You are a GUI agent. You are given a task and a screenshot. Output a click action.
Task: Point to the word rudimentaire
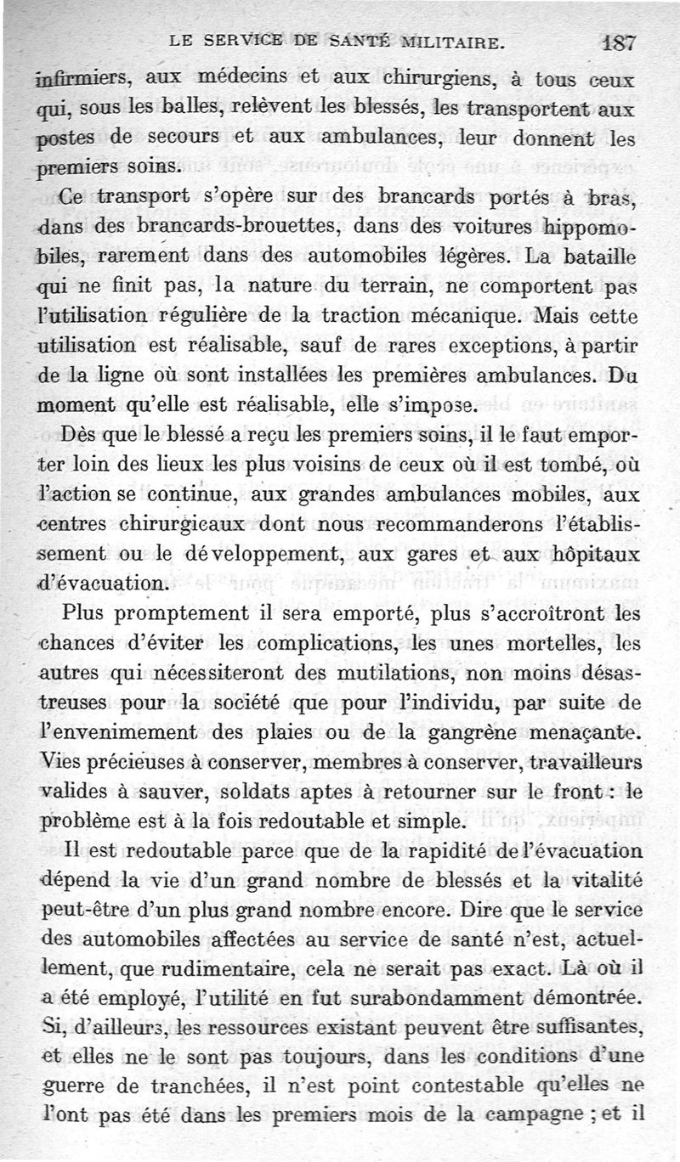tap(212, 971)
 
